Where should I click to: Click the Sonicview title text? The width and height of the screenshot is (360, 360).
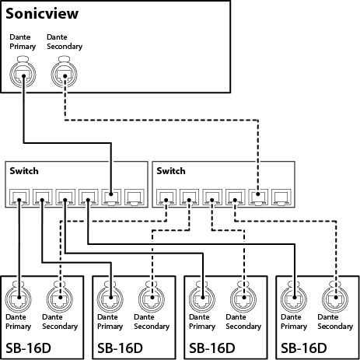tap(42, 13)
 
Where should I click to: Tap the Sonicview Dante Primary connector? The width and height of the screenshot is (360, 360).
tap(23, 72)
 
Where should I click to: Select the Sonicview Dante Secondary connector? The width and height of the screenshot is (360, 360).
tap(65, 72)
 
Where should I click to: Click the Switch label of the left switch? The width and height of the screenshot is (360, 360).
tap(24, 171)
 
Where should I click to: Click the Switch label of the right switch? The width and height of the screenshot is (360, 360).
tap(171, 171)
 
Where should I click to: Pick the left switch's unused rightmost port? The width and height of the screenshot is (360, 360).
tap(135, 197)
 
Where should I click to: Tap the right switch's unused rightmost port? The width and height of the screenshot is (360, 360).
tap(281, 197)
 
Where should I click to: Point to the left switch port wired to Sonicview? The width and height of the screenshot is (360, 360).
tap(111, 197)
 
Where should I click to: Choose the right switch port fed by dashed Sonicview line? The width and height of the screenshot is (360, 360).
tap(258, 197)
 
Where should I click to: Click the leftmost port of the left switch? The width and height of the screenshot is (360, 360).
tap(19, 197)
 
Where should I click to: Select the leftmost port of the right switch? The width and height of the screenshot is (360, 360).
tap(166, 197)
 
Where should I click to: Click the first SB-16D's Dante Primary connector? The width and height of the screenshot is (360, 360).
tap(19, 298)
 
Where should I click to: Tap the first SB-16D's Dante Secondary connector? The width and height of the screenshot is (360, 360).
tap(60, 298)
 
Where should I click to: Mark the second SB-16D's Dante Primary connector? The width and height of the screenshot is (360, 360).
tap(110, 298)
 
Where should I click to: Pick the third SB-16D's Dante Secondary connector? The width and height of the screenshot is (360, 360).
tap(243, 298)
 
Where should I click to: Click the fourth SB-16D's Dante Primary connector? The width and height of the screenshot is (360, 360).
tap(294, 298)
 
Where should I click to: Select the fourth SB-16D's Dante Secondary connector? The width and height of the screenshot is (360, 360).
tap(335, 298)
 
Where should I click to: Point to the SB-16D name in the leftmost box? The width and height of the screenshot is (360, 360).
tap(28, 348)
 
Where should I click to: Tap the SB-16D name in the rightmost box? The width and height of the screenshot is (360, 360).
tap(304, 348)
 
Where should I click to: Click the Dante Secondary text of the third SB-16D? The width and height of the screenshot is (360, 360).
tap(243, 322)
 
